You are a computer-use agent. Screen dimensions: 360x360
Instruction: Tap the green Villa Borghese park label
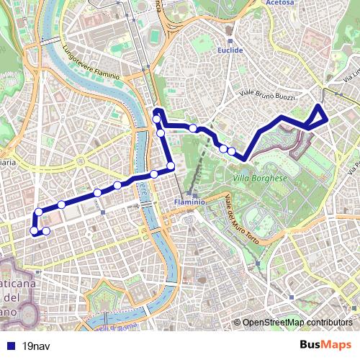(x=260, y=177)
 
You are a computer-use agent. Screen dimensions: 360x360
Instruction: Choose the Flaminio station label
(x=190, y=202)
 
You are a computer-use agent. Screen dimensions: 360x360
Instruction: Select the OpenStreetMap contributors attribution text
(x=297, y=322)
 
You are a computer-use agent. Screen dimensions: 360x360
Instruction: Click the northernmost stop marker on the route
(x=156, y=118)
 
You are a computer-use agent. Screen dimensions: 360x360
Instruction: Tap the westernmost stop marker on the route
(x=33, y=230)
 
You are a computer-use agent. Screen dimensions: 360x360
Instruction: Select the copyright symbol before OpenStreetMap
(x=238, y=322)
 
